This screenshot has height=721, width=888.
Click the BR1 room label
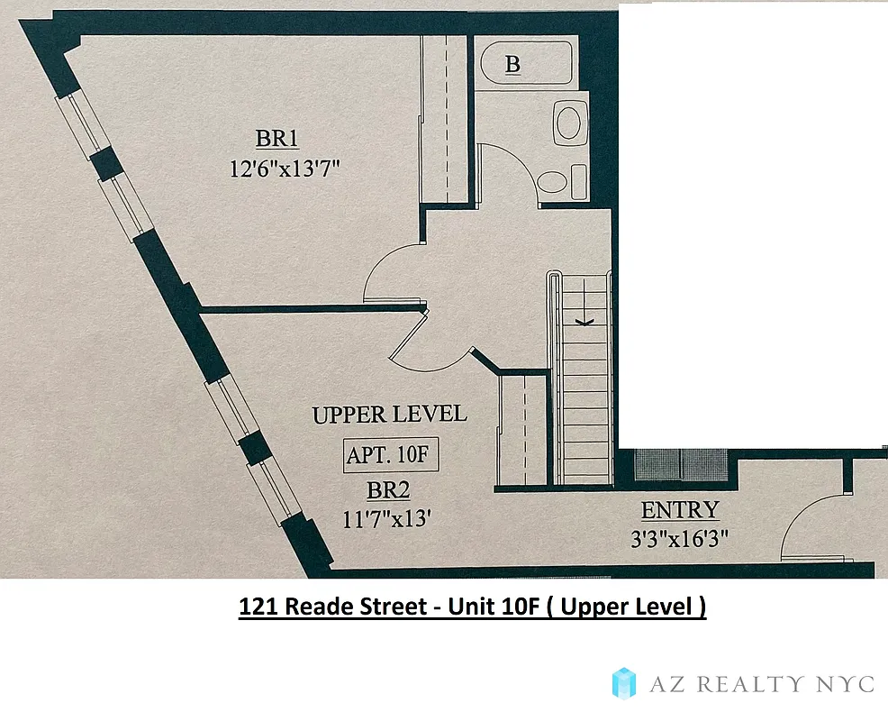[x=276, y=139]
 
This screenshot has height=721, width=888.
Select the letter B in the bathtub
[x=512, y=64]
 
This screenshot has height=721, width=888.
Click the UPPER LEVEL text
[x=389, y=415]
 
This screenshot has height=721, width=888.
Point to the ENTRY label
[x=680, y=510]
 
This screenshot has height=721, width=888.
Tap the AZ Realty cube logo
[x=624, y=682]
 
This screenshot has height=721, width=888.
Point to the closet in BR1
[x=445, y=117]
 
